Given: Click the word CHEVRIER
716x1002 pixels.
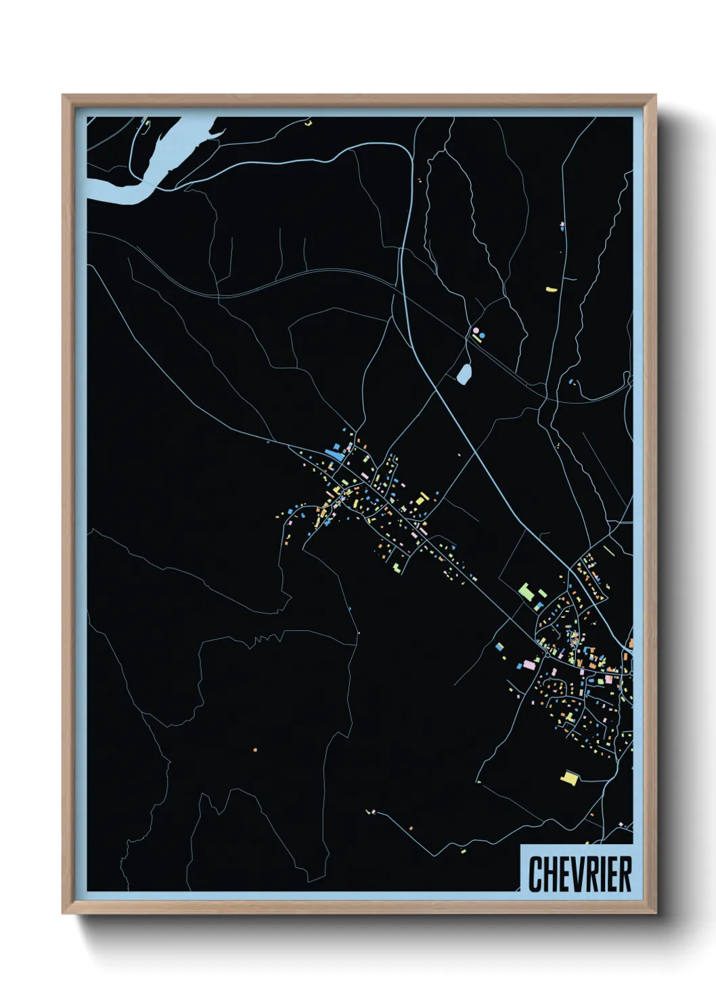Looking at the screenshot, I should click(580, 874).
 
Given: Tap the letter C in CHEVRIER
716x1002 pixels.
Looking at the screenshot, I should click(535, 874).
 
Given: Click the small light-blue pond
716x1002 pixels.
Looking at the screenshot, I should click(464, 374).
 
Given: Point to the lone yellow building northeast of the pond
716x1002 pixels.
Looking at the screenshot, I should click(551, 290).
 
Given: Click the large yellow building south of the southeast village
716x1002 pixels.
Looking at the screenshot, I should click(570, 778).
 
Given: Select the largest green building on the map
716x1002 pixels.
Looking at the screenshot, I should click(527, 592).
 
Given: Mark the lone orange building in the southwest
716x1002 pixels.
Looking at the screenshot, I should click(255, 749).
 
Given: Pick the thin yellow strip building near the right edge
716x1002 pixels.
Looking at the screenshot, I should click(608, 550).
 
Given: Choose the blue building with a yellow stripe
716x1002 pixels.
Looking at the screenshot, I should click(501, 647).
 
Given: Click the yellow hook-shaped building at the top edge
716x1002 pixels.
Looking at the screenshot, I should click(309, 124).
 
